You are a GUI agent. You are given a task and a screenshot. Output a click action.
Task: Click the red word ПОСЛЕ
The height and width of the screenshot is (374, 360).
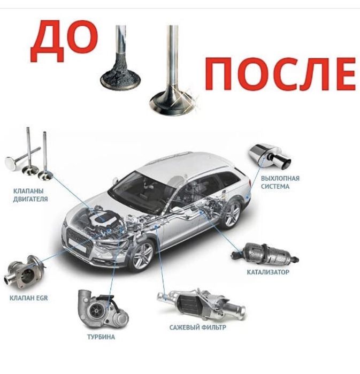pyautogui.click(x=280, y=74)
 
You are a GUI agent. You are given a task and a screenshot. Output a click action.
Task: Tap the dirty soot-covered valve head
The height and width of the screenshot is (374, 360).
pyautogui.click(x=120, y=76)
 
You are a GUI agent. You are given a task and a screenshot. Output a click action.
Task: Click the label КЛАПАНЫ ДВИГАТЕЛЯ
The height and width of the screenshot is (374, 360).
pyautogui.click(x=30, y=195)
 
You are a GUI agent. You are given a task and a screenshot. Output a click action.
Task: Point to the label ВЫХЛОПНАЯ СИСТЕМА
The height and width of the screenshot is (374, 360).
pyautogui.click(x=280, y=182)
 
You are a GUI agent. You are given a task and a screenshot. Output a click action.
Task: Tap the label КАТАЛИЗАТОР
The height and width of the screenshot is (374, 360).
pyautogui.click(x=268, y=272)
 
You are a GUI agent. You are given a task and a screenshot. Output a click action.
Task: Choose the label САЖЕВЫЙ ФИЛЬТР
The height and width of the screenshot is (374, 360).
pyautogui.click(x=197, y=327)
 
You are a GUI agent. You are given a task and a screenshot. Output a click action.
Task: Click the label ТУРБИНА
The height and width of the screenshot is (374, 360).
pyautogui.click(x=101, y=337)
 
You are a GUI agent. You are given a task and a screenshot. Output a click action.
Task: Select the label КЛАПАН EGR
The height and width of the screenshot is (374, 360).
pyautogui.click(x=28, y=298)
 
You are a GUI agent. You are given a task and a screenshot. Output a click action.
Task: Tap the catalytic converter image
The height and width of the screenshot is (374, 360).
pyautogui.click(x=265, y=255)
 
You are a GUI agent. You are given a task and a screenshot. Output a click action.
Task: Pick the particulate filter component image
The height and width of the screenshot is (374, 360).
pyautogui.click(x=201, y=303)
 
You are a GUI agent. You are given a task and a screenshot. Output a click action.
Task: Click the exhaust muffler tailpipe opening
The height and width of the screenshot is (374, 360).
pyautogui.click(x=286, y=163)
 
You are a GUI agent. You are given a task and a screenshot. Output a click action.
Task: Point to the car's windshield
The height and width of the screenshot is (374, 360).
pyautogui.click(x=142, y=191)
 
